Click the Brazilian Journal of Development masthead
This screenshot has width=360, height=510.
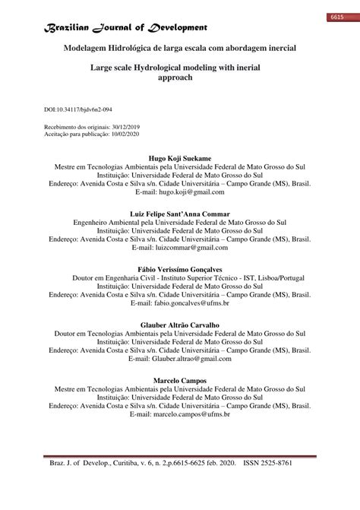[x=125, y=27]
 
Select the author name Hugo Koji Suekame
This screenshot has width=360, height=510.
[x=179, y=158]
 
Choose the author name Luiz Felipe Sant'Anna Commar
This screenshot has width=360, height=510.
[x=179, y=214]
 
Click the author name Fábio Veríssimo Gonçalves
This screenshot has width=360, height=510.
[x=179, y=270]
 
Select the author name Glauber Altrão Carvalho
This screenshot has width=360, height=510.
[x=179, y=325]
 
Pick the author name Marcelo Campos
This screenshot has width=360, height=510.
[x=179, y=380]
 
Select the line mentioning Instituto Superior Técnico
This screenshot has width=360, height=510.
[x=179, y=279]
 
